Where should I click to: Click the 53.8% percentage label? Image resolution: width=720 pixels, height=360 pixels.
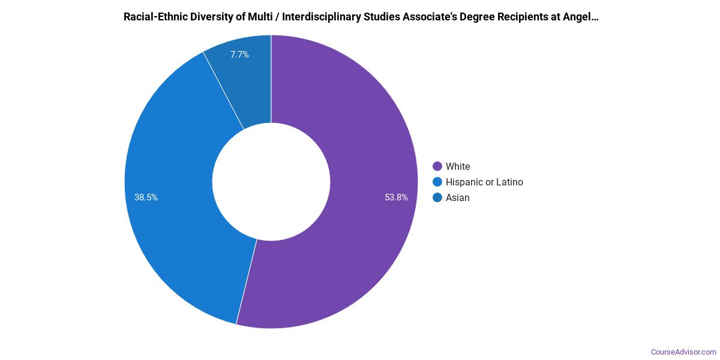397,197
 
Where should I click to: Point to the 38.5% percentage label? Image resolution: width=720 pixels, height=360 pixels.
146,197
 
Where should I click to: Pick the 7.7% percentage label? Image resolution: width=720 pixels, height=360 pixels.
239,55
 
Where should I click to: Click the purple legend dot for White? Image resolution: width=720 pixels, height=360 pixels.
437,166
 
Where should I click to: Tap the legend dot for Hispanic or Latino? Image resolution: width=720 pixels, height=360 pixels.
437,182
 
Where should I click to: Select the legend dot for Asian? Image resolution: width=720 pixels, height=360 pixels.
437,197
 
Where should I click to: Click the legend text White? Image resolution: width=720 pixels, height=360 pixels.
458,166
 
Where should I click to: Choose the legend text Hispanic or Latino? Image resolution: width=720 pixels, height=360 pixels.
484,182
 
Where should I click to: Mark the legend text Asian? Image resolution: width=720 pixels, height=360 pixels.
458,197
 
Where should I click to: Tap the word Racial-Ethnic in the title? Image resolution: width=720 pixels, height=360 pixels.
152,17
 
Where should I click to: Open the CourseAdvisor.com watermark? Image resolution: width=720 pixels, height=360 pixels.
683,352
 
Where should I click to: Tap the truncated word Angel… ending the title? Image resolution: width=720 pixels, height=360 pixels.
581,17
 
